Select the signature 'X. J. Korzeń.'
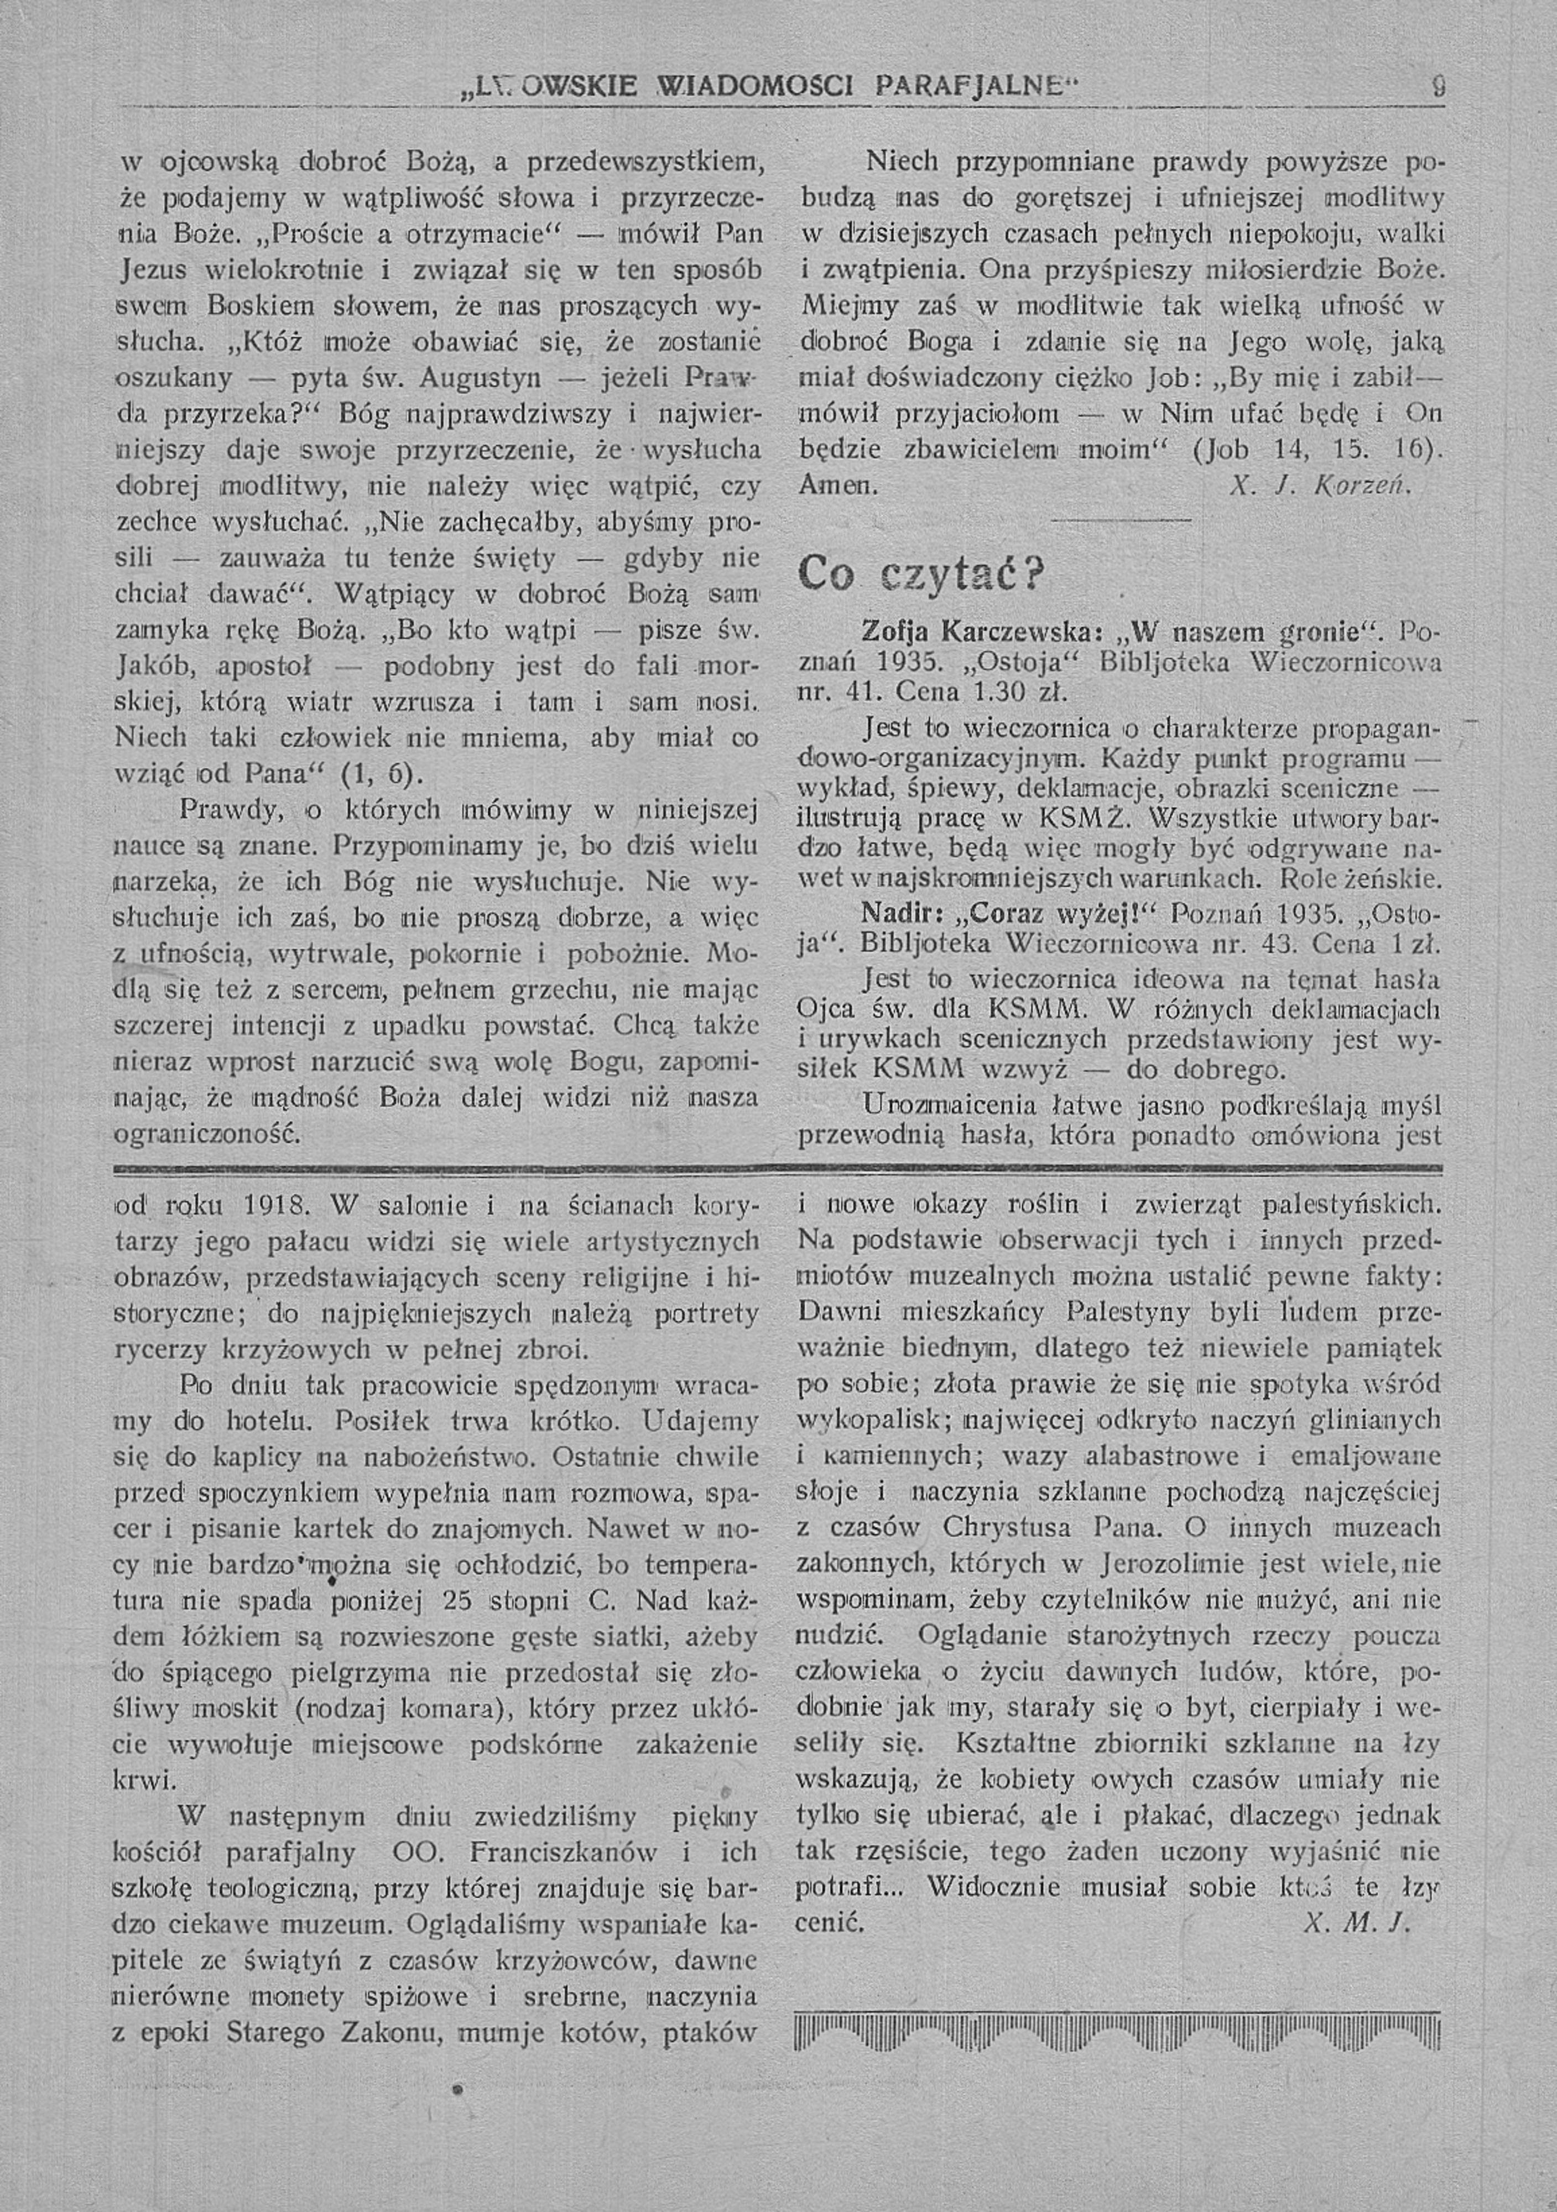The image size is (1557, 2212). point(1320,487)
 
